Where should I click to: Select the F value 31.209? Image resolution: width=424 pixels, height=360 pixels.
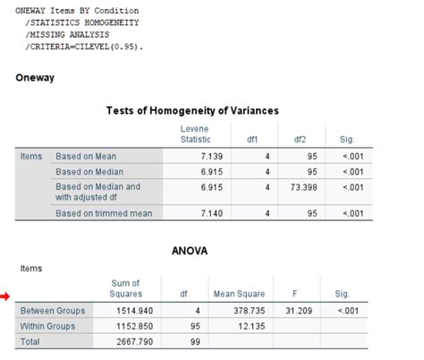292,311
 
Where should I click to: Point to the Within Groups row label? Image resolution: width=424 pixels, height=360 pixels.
48,327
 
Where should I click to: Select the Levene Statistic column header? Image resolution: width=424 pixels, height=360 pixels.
195,134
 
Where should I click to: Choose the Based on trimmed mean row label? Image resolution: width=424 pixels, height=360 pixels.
104,213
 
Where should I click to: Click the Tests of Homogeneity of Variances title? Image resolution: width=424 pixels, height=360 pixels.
192,111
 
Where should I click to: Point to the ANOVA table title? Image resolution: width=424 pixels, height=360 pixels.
189,251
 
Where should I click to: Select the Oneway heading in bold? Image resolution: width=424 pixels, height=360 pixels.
35,77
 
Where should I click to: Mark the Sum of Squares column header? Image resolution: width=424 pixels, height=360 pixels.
125,287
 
